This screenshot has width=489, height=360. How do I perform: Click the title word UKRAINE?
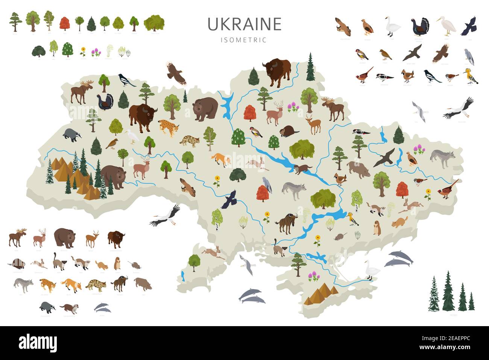tap(244, 24)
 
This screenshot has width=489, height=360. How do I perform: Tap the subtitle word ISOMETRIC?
tap(244, 40)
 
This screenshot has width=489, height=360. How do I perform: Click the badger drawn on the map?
tap(71, 135)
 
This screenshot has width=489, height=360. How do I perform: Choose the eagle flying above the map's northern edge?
tap(176, 72)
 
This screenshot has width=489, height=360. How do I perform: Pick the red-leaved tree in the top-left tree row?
tap(65, 23)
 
